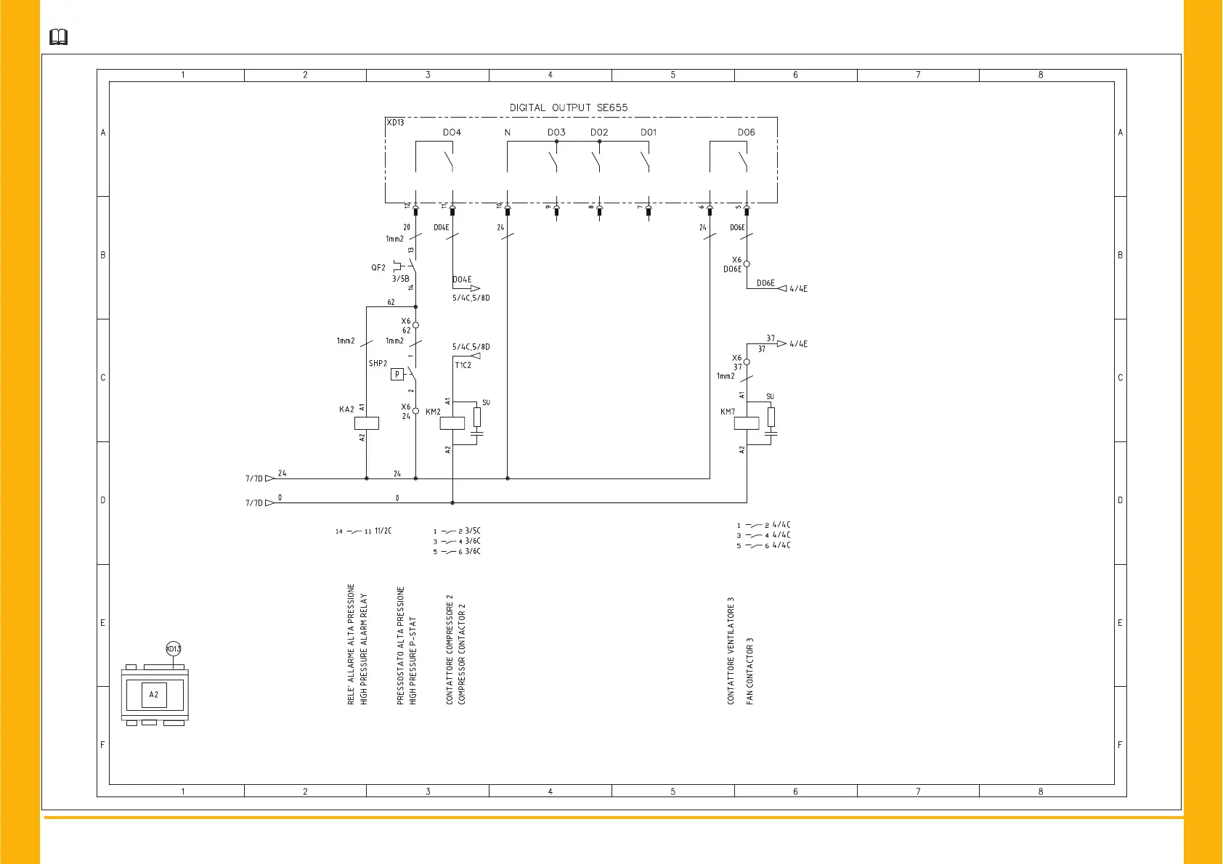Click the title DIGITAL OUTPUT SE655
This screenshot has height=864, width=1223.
coord(568,107)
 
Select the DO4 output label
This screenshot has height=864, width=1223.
coord(452,132)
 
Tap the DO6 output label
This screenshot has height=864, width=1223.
coord(746,132)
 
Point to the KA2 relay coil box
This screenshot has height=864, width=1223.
coord(367,423)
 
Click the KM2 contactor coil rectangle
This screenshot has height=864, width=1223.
coord(452,423)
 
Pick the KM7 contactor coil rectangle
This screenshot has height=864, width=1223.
coord(747,423)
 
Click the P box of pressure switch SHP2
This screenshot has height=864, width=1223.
coord(397,375)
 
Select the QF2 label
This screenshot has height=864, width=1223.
coord(378,268)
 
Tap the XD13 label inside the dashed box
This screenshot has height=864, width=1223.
coord(395,123)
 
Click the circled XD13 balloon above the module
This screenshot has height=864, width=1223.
coord(174,648)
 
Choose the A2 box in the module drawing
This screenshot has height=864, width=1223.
coord(154,695)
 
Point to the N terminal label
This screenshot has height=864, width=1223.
coord(507,132)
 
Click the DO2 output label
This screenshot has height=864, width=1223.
coord(599,132)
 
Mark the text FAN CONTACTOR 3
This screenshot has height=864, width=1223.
coord(750,671)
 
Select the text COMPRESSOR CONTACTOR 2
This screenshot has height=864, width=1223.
coord(462,653)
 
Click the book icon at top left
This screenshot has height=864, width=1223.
coord(58,37)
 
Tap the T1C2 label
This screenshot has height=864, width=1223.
coord(463,365)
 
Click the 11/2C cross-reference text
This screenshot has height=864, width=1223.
coord(383,531)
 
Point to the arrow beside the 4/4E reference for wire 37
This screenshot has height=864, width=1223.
coord(781,343)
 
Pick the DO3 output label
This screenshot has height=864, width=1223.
coord(556,132)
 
